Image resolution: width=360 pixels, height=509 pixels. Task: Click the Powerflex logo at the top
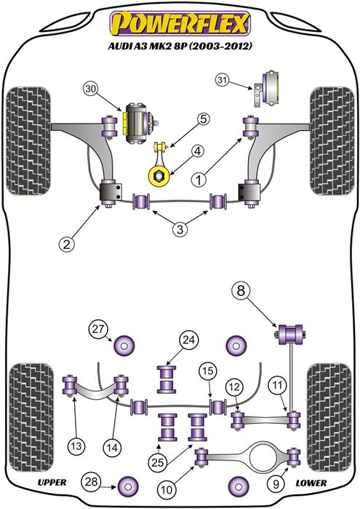click(180, 23)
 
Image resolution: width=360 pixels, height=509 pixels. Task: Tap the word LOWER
click(311, 482)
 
